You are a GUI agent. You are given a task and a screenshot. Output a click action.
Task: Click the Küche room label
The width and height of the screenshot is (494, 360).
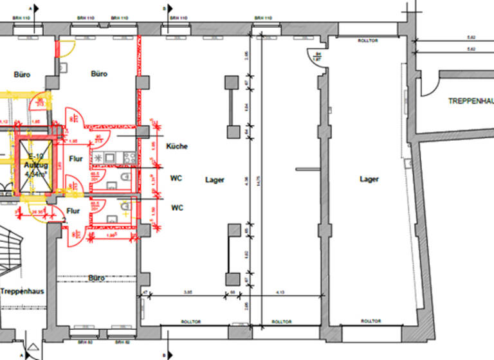pyautogui.click(x=177, y=147)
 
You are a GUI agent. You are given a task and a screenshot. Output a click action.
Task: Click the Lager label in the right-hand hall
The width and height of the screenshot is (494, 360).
pyautogui.click(x=369, y=179)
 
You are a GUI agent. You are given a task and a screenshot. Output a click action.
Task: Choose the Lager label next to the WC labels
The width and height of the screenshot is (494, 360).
pyautogui.click(x=214, y=180)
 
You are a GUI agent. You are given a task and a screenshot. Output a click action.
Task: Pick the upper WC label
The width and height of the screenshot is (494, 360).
pyautogui.click(x=177, y=178)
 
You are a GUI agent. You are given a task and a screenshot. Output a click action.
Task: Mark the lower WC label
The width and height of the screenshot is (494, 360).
pyautogui.click(x=177, y=208)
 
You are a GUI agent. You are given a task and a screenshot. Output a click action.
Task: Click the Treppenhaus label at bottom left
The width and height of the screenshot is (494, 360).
pyautogui.click(x=21, y=291)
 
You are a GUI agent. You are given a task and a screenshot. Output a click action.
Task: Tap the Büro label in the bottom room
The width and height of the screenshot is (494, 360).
pyautogui.click(x=96, y=278)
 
